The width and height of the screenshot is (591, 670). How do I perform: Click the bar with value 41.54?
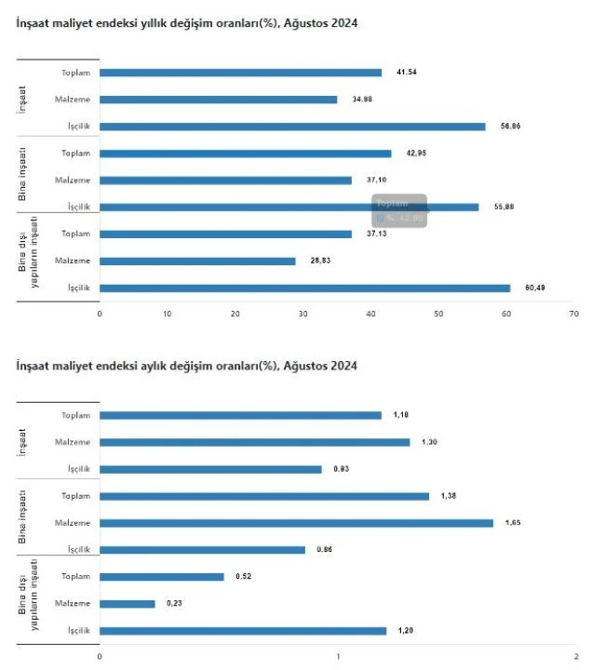[x=240, y=73]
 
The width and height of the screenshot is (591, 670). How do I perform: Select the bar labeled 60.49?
[x=304, y=288]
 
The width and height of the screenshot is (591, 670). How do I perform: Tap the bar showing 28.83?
[x=197, y=261]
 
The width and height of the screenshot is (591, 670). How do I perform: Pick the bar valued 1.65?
[x=296, y=523]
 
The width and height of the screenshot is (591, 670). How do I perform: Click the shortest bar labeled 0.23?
[x=128, y=604]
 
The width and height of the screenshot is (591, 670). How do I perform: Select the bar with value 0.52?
[x=162, y=577]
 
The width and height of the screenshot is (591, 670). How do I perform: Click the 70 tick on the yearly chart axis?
[x=574, y=314]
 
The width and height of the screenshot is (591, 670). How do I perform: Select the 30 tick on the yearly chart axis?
[x=303, y=314]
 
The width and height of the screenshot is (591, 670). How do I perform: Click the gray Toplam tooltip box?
[x=400, y=210]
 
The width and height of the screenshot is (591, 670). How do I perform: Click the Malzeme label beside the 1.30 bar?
[x=73, y=442]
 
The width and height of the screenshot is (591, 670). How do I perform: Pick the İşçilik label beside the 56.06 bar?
[x=76, y=127]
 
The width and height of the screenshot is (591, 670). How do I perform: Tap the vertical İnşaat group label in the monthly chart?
[x=22, y=442]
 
